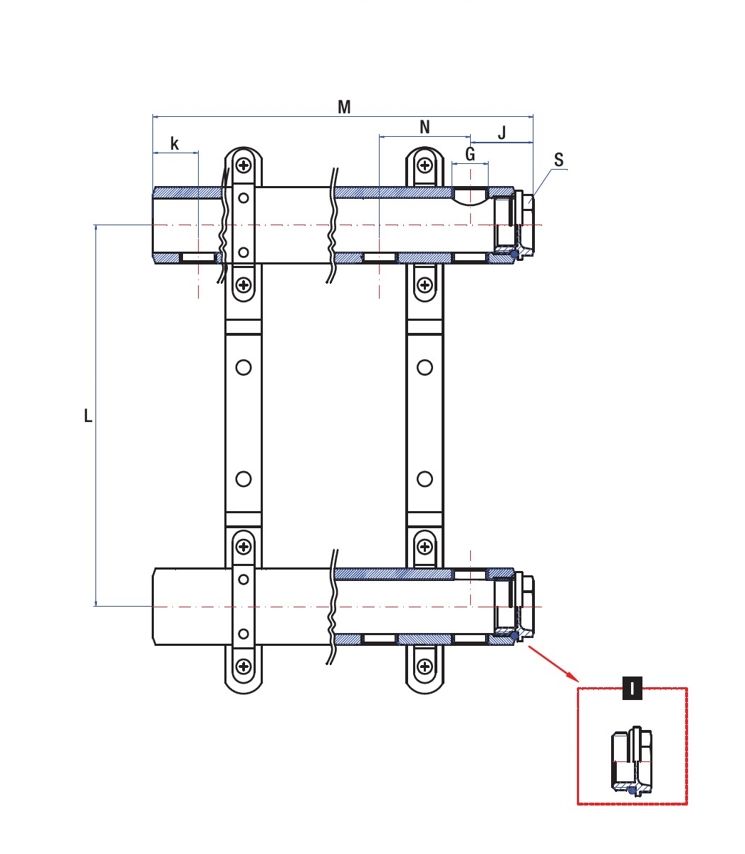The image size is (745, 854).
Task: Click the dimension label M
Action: [x=344, y=108]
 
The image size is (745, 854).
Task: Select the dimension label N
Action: [x=425, y=128]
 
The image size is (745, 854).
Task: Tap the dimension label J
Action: [x=502, y=133]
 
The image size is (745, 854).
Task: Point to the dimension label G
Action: [x=470, y=154]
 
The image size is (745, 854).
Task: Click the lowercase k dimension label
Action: [x=174, y=144]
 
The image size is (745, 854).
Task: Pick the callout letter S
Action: [x=559, y=160]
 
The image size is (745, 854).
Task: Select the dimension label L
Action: [x=88, y=416]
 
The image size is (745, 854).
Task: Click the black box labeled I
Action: [x=632, y=689]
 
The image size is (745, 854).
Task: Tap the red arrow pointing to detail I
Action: [x=552, y=663]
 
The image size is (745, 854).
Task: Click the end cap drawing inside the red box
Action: [x=632, y=761]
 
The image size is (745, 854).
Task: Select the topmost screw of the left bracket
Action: [x=244, y=166]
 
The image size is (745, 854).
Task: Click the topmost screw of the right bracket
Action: [x=425, y=166]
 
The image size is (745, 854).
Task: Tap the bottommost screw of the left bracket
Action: [x=244, y=667]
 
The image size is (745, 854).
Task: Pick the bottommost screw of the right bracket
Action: [x=425, y=667]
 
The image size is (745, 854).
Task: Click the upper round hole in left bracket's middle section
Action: [x=244, y=368]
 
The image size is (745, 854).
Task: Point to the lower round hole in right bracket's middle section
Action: [x=425, y=479]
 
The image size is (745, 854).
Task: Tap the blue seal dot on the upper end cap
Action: [x=514, y=254]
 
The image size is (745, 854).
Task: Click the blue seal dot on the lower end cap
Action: [x=514, y=634]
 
